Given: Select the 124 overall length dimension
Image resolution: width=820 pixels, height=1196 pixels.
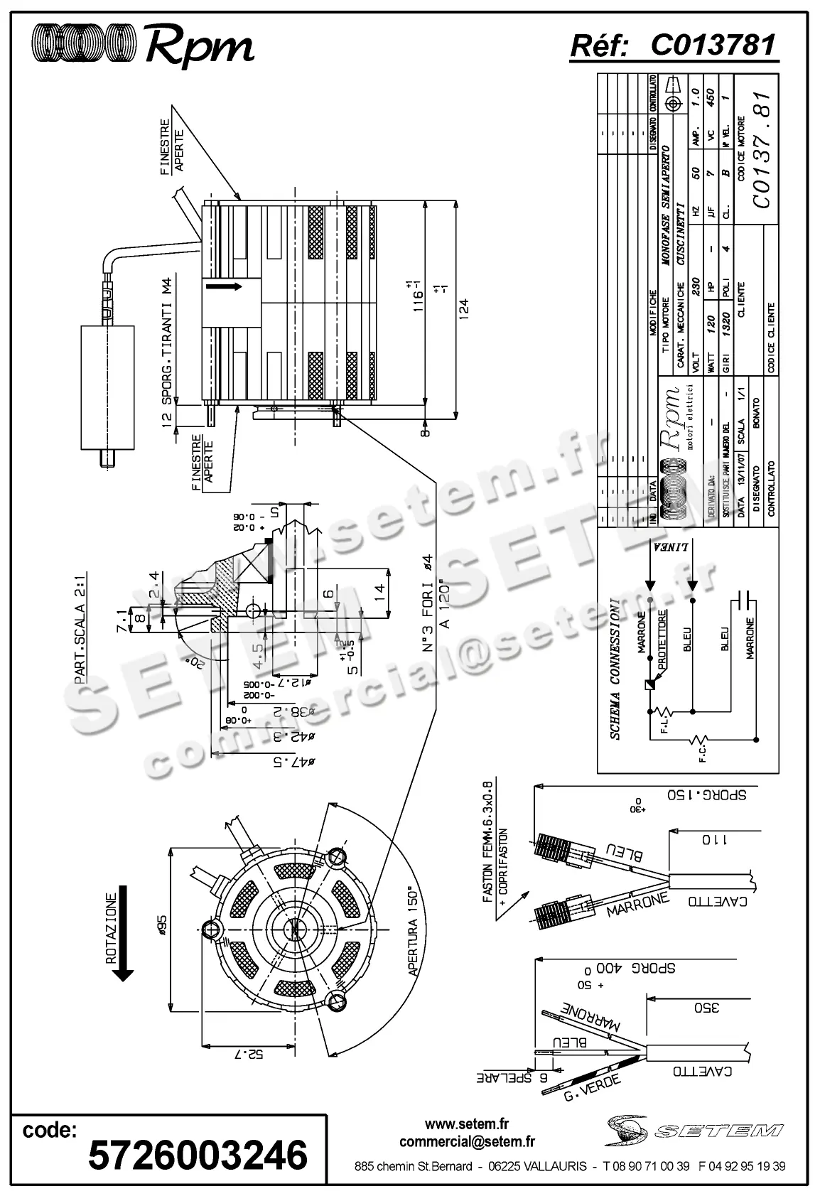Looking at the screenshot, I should click(464, 311).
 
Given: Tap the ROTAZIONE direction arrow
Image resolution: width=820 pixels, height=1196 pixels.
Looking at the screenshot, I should click(122, 937).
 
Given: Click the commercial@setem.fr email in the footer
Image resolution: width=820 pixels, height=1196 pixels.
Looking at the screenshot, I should click(467, 1141).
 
